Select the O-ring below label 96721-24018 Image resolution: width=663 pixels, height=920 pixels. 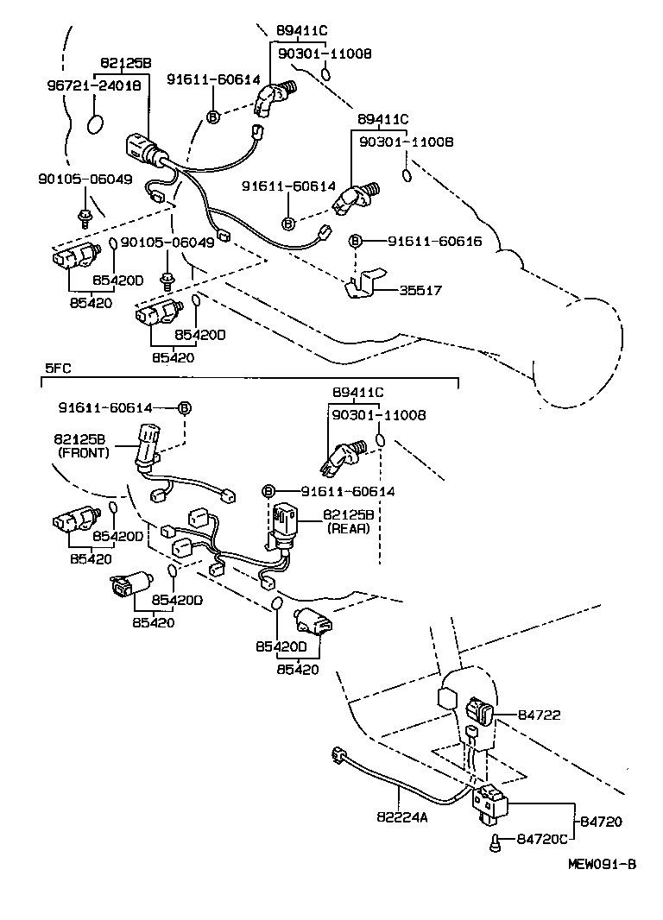point(98,125)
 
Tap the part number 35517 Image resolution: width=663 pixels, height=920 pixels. point(420,291)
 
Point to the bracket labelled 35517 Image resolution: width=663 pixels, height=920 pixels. point(363,287)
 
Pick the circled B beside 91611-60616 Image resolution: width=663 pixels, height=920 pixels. point(355,242)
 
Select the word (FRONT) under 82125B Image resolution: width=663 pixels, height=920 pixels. point(84,452)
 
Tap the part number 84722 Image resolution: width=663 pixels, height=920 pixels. point(540,715)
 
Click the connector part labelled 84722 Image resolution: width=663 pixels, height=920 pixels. point(479,713)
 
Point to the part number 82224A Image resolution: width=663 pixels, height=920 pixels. point(401,816)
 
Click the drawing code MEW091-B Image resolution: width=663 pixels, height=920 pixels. point(602,863)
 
